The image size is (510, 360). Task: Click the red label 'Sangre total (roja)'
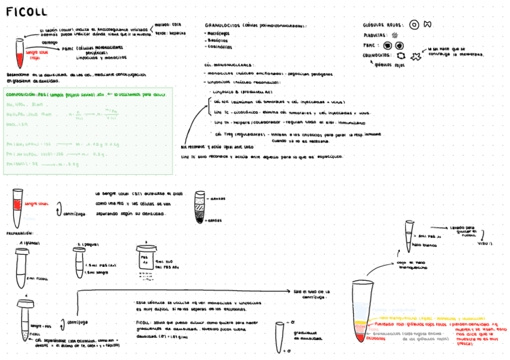pyautogui.click(x=34, y=55)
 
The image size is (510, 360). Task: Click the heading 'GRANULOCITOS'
pyautogui.click(x=223, y=25)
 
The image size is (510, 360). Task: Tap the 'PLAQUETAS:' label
pyautogui.click(x=376, y=35)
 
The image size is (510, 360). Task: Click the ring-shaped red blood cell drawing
pyautogui.click(x=414, y=25)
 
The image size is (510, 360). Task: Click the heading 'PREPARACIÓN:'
pyautogui.click(x=19, y=232)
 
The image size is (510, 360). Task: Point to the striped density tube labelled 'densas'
pyautogui.click(x=200, y=207)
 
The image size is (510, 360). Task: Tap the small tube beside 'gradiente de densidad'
pyautogui.click(x=279, y=335)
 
